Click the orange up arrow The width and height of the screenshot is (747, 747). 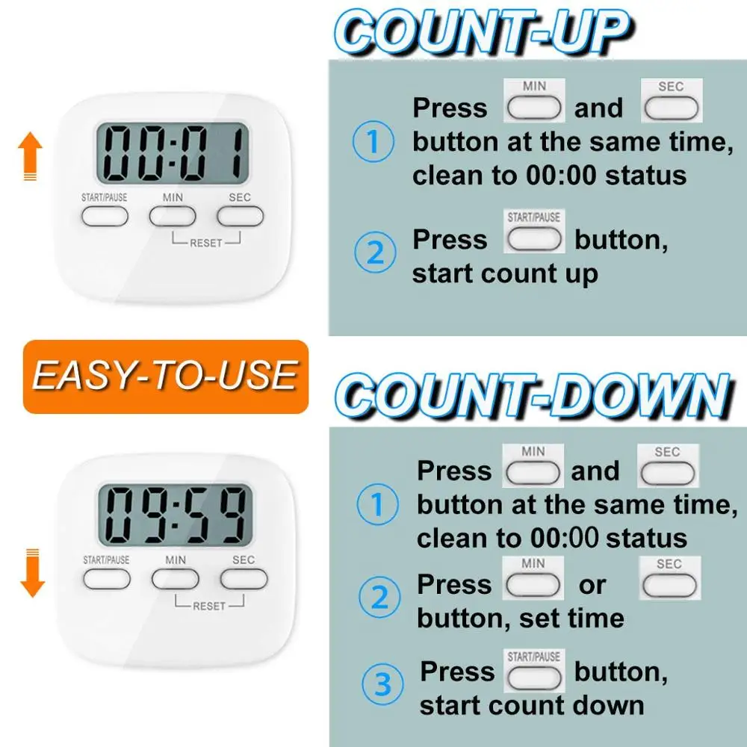(30, 156)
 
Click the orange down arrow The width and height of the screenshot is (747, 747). (32, 573)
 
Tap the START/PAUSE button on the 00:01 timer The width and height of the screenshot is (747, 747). (105, 217)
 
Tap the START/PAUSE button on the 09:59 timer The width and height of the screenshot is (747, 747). (107, 580)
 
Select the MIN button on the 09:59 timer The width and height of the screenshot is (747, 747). (176, 580)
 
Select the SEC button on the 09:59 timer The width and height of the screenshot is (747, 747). (244, 580)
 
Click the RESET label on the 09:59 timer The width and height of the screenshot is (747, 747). (209, 606)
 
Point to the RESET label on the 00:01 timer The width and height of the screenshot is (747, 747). (206, 243)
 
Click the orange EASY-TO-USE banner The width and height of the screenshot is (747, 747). (166, 376)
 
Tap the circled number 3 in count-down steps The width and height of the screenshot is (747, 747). (382, 684)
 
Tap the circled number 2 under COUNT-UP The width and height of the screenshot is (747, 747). (376, 252)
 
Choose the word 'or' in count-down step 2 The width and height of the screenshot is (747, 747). (592, 585)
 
